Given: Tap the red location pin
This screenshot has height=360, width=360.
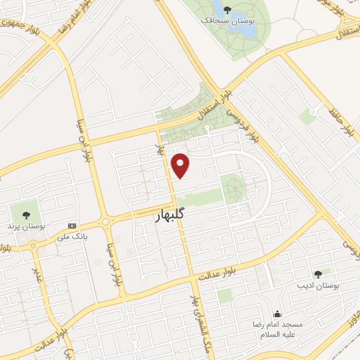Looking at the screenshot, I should coord(181,166).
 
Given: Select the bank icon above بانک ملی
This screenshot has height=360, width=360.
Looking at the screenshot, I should coord(72,226).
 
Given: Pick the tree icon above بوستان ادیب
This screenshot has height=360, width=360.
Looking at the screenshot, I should coord(319,274).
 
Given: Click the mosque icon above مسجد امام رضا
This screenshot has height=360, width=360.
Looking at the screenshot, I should coord(278,314).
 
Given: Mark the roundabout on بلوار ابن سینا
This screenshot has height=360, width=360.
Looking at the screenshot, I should coord(105,222).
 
